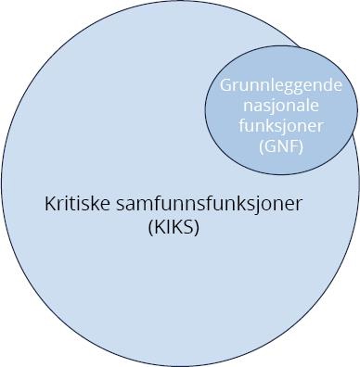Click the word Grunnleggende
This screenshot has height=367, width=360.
click(281, 85)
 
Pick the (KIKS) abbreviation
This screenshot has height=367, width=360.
click(173, 227)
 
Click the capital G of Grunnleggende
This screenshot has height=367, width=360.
click(225, 85)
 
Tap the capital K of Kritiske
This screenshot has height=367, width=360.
click(49, 204)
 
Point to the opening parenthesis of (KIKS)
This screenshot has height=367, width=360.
click(149, 227)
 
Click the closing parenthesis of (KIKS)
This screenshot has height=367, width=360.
click(197, 227)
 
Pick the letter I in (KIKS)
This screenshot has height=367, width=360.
click(167, 227)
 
